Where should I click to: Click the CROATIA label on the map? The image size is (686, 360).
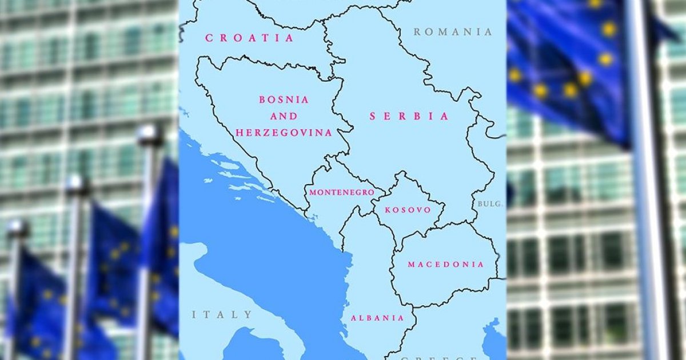[x=249, y=38]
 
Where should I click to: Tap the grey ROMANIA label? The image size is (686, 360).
[x=453, y=32]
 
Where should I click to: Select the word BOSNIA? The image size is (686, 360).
[x=284, y=99]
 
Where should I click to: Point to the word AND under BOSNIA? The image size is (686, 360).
[x=284, y=116]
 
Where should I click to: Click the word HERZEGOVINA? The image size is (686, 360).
[x=284, y=133]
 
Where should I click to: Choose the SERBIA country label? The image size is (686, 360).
[x=409, y=116]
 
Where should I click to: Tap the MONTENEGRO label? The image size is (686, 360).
[x=342, y=193]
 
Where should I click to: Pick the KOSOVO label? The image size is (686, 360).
[x=408, y=210]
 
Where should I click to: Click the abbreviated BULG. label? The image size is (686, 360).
[x=489, y=204]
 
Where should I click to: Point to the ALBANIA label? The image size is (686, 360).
[x=377, y=318]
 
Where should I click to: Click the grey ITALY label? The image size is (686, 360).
[x=222, y=314]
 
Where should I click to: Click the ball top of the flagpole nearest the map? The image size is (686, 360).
[x=150, y=135]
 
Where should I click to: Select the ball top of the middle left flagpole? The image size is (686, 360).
[x=77, y=184]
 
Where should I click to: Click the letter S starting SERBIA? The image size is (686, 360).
[x=373, y=116]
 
